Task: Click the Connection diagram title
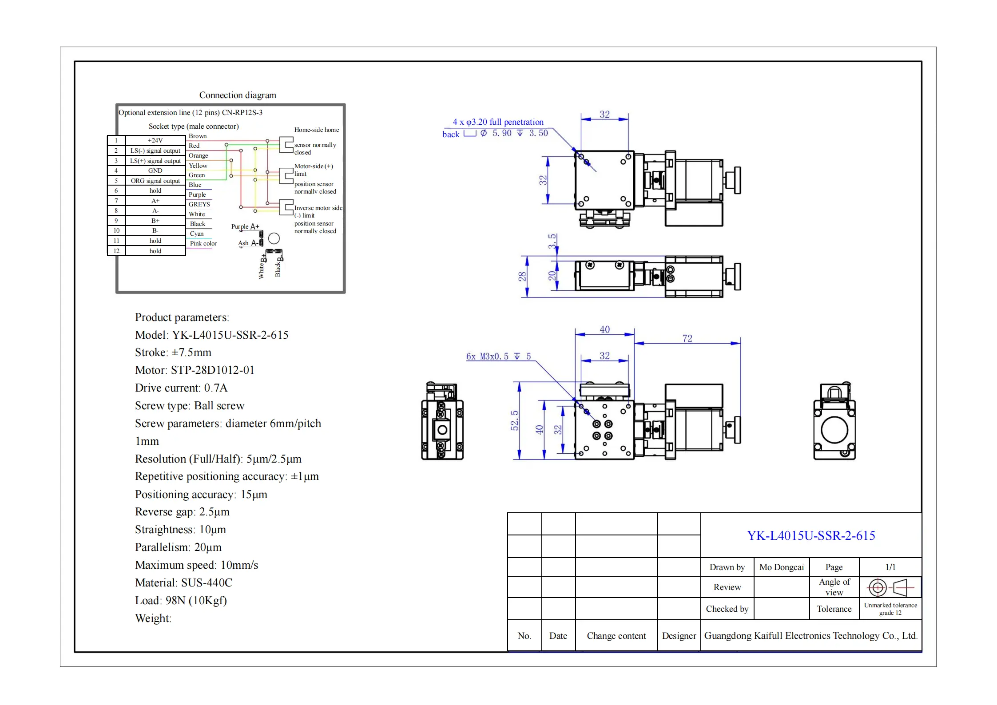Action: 238,95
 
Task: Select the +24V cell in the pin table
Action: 155,140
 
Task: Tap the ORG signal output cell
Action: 155,181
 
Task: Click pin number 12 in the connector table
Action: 116,251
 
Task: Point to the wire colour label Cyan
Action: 197,234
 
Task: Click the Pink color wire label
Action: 203,243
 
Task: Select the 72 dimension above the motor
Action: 687,338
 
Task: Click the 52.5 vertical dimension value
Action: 514,420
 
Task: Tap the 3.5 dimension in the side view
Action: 552,241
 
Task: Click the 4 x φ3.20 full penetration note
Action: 498,122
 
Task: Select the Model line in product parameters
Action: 211,335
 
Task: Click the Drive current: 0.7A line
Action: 181,388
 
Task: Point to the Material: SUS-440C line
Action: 183,582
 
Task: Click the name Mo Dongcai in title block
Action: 781,567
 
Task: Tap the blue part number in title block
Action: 810,535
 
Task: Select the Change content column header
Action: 616,636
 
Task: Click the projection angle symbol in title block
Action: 890,587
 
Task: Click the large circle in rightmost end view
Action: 834,430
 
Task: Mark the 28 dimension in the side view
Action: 522,276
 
